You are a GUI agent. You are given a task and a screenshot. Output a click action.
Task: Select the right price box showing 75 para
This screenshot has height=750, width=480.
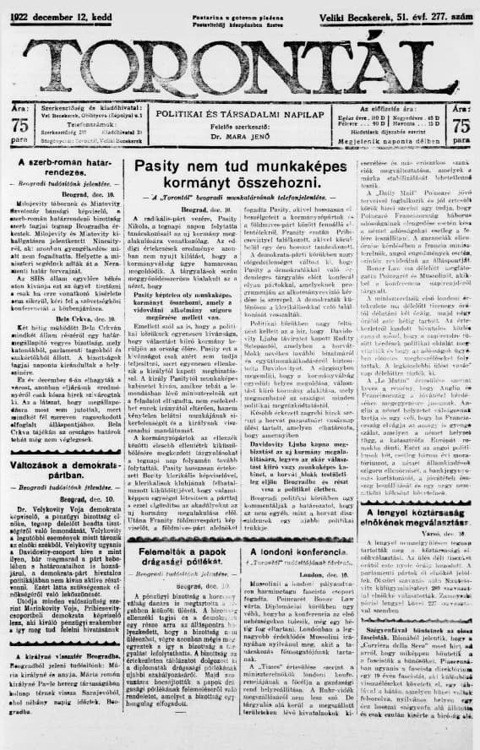pos(461,126)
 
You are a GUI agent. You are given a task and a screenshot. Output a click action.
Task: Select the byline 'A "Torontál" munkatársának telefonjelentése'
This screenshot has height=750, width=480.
pos(239,198)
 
